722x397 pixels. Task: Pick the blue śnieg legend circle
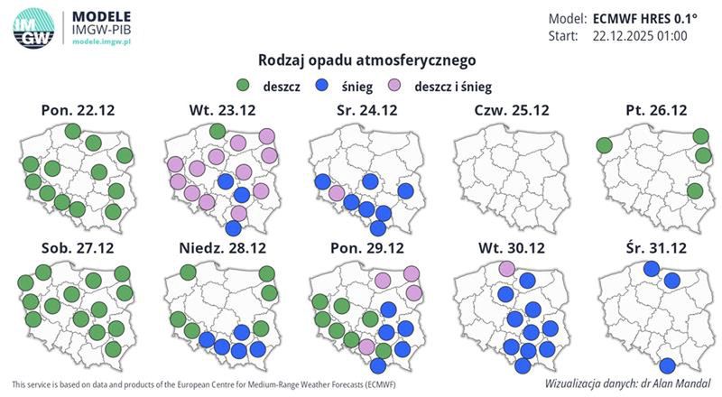[x=321, y=86]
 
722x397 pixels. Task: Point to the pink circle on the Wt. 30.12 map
[x=506, y=267]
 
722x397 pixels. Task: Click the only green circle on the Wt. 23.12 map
[x=217, y=132]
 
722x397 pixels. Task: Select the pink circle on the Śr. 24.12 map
[x=337, y=193]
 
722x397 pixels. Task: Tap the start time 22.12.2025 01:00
[x=640, y=36]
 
